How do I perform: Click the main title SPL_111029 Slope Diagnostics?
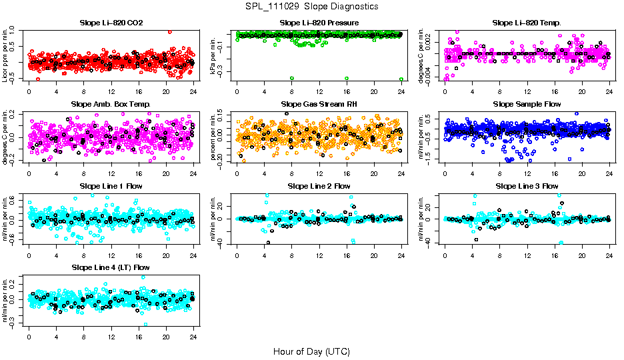click(x=311, y=6)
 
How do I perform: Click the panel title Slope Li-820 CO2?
click(x=111, y=23)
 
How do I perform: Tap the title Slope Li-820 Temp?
click(x=527, y=23)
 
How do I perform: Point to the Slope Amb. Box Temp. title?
click(x=111, y=104)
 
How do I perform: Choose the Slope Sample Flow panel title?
click(x=527, y=104)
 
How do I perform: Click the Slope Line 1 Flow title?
click(x=111, y=186)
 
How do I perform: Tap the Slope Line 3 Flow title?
click(x=527, y=186)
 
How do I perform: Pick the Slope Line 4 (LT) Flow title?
click(x=111, y=267)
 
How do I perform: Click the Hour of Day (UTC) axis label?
click(x=311, y=351)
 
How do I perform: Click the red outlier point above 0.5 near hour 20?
click(x=170, y=31)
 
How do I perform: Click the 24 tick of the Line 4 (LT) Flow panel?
click(x=193, y=337)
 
